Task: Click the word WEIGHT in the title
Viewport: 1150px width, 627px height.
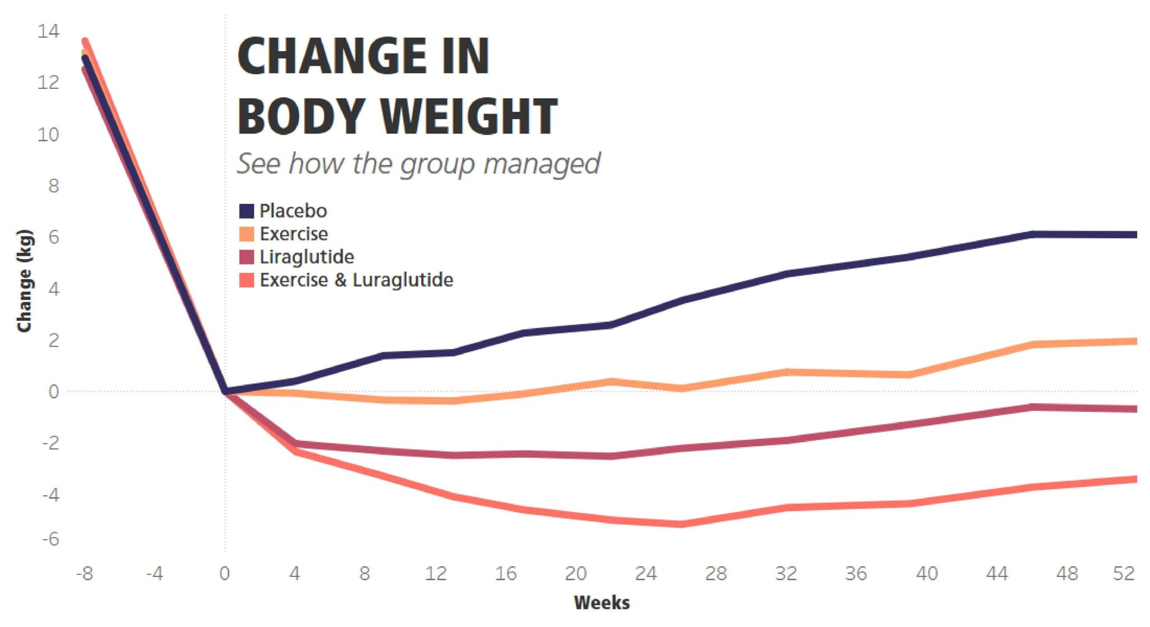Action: [x=469, y=116]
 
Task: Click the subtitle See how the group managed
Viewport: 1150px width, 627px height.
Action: [x=418, y=163]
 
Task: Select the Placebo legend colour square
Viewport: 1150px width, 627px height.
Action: [x=247, y=211]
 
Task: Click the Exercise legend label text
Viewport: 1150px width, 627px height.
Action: [x=293, y=234]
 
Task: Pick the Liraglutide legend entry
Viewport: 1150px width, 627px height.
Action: [x=306, y=257]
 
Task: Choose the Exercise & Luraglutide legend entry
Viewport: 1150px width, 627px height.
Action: [x=355, y=280]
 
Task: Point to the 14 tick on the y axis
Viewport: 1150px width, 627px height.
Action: [x=48, y=31]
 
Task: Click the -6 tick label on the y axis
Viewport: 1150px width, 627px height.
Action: [x=50, y=539]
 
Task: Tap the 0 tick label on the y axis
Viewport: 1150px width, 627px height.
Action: [x=53, y=392]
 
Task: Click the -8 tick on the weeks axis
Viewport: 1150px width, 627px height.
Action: [x=84, y=574]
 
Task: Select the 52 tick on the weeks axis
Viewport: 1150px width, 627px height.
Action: [x=1124, y=574]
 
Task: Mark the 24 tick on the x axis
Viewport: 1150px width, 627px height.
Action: [x=646, y=574]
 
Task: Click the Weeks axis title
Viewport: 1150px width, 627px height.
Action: [x=601, y=603]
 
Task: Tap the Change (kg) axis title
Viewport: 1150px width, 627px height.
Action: [x=24, y=281]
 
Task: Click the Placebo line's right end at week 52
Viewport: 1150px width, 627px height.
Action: [x=1134, y=234]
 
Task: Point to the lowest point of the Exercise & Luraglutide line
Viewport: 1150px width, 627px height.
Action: [x=681, y=524]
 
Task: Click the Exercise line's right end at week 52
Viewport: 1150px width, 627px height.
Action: [x=1134, y=341]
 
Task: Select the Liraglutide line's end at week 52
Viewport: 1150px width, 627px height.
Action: [x=1134, y=409]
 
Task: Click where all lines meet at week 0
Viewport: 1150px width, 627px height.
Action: [x=225, y=391]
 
